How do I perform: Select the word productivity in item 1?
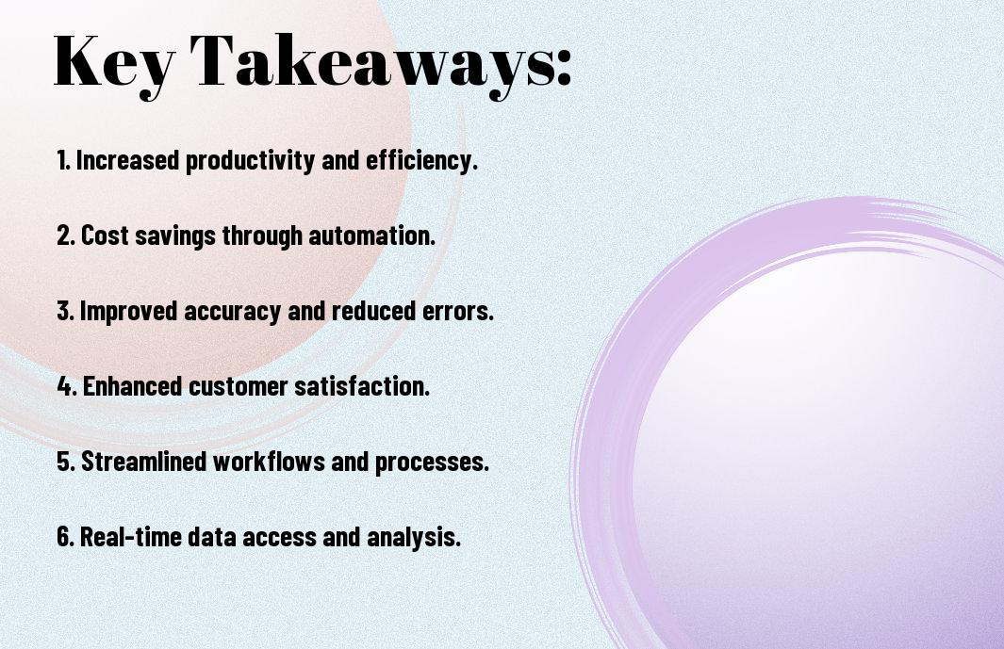pos(251,161)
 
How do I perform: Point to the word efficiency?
pos(421,161)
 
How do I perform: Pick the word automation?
pos(371,235)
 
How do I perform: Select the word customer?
pos(239,386)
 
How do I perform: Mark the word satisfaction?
pos(362,386)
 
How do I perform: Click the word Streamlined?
pos(144,461)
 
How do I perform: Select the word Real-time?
pos(131,536)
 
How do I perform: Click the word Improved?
pos(129,312)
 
